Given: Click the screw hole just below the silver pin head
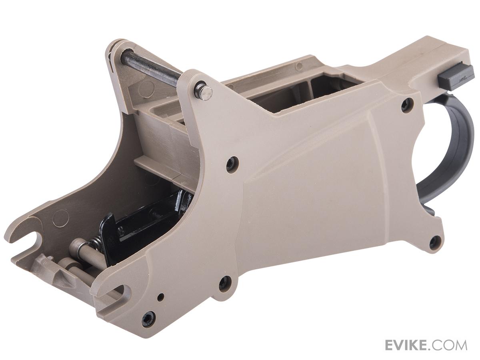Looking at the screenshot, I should tap(232, 164).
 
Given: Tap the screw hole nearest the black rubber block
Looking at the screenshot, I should tap(406, 104).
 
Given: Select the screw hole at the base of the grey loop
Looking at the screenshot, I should tap(435, 242).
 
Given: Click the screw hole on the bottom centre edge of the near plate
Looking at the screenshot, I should tap(224, 283).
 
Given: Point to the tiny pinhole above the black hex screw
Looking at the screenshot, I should tap(160, 297).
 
